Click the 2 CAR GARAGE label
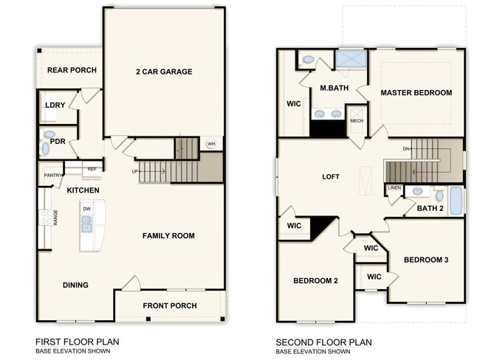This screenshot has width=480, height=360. (163, 72)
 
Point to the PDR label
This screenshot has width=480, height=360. (58, 141)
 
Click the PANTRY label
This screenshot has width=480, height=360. (52, 175)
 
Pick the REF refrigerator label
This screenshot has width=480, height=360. (92, 169)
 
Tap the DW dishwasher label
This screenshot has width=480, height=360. (88, 209)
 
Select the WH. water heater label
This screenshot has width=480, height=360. (211, 144)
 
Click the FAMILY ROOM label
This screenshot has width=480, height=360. (168, 236)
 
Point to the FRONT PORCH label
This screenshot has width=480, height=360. (168, 305)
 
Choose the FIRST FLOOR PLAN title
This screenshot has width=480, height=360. (77, 342)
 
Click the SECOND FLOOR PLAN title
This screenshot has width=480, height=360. (323, 342)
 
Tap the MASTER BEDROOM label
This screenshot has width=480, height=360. (416, 93)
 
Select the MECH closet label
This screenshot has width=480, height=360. (357, 121)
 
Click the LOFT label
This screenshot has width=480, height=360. (330, 177)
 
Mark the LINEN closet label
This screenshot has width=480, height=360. (394, 188)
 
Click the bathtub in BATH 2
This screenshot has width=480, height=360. (456, 200)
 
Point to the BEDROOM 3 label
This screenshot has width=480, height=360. (426, 260)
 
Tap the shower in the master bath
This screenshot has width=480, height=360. (352, 59)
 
